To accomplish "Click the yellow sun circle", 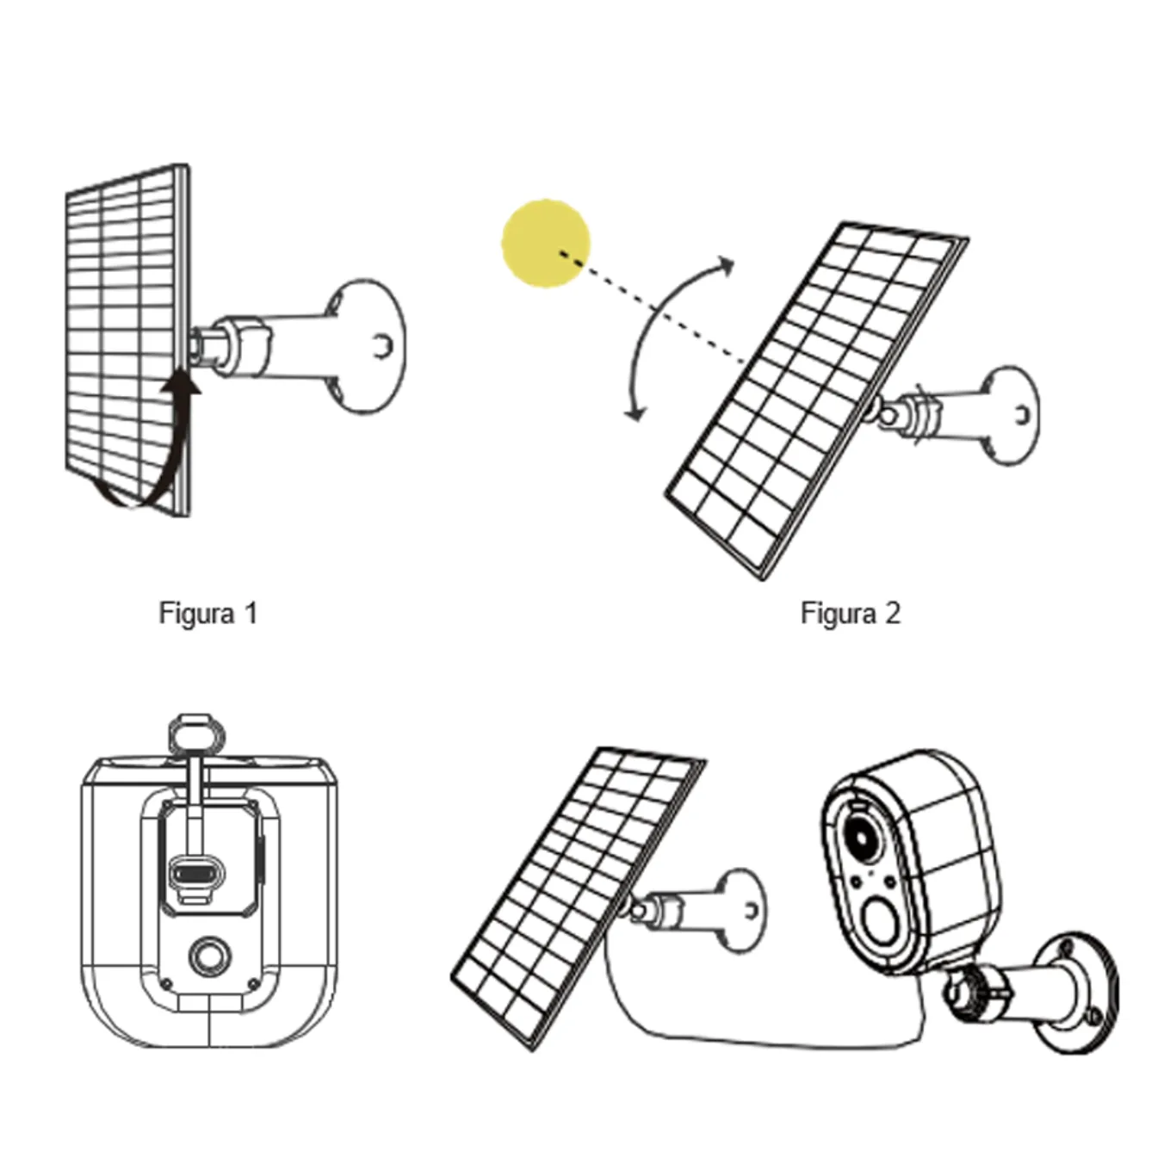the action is tap(546, 244).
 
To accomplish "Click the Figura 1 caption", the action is tap(208, 613).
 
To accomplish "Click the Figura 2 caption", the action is tap(851, 613).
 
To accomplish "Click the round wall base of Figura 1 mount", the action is tap(366, 346).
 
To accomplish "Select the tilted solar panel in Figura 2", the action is tap(816, 399).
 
